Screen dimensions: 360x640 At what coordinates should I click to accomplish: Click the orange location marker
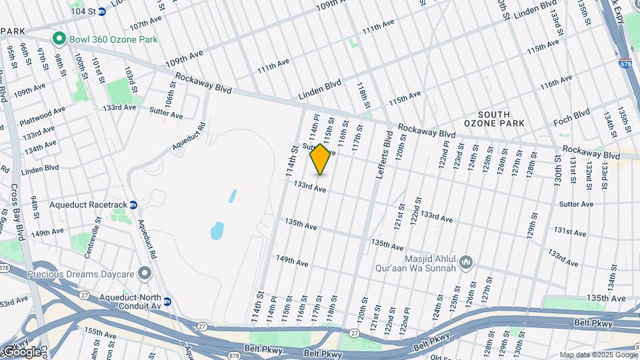pyautogui.click(x=321, y=159)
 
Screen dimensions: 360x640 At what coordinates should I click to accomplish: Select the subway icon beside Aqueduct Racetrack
pyautogui.click(x=133, y=205)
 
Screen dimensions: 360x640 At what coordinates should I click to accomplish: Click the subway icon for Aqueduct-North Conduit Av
pyautogui.click(x=167, y=301)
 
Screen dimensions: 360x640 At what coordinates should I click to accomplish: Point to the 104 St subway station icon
pyautogui.click(x=101, y=11)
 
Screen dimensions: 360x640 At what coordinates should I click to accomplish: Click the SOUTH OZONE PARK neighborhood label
pyautogui.click(x=494, y=118)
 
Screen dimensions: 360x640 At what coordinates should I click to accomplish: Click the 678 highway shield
pyautogui.click(x=625, y=65)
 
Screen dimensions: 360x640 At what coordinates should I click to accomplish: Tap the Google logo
pyautogui.click(x=21, y=351)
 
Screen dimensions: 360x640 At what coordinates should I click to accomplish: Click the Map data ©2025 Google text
pyautogui.click(x=598, y=355)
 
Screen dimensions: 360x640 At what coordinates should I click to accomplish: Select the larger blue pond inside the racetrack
pyautogui.click(x=217, y=231)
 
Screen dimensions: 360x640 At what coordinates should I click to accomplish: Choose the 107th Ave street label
pyautogui.click(x=146, y=25)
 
